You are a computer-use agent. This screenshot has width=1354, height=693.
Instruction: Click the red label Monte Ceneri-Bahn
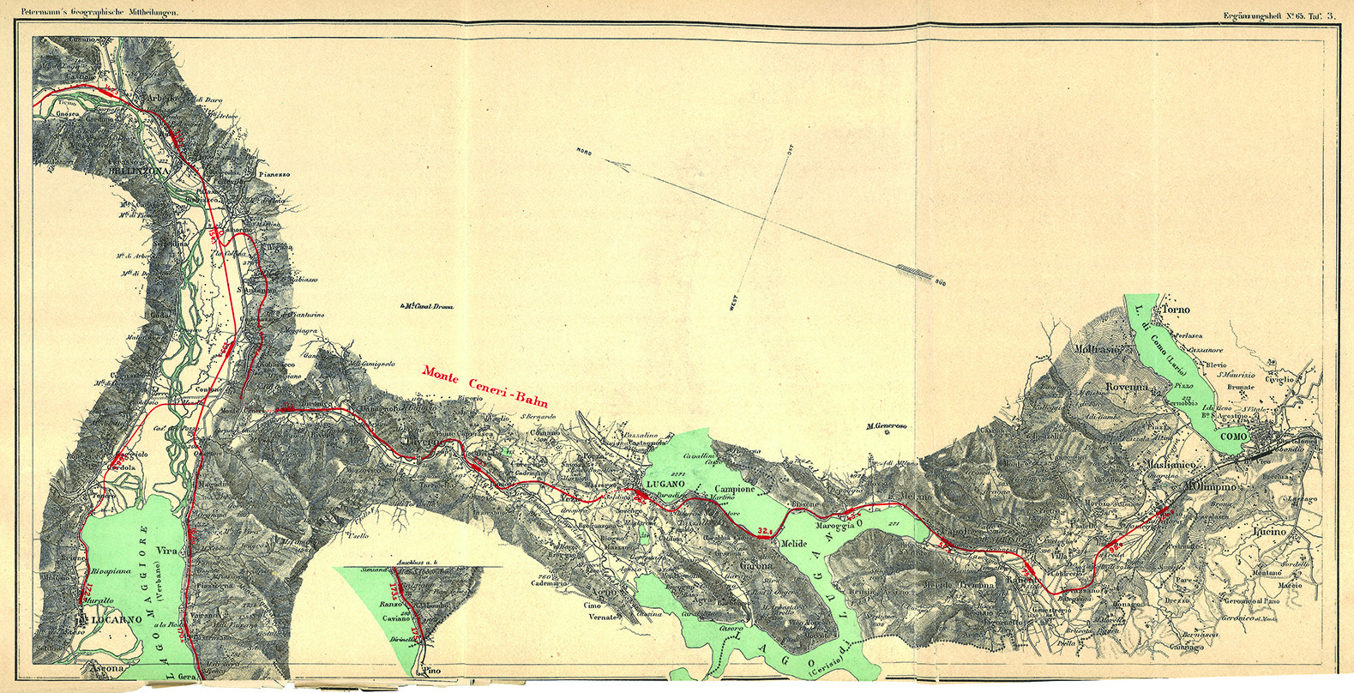485,388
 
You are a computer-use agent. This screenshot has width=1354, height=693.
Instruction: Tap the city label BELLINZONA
141,171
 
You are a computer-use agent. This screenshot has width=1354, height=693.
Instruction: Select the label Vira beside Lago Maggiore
166,551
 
